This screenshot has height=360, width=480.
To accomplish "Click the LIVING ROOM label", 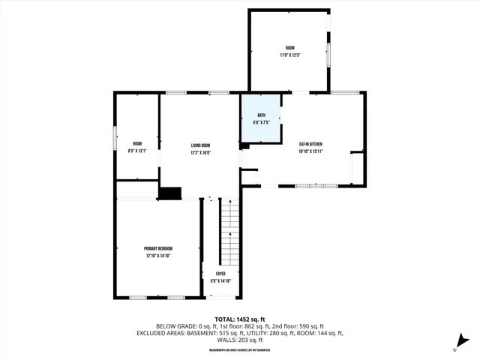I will pos(200,145).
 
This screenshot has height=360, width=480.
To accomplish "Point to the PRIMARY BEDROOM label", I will pos(159,248).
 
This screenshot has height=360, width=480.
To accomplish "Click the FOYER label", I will pos(221,274).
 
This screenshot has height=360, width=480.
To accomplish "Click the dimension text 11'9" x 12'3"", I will pos(289,54).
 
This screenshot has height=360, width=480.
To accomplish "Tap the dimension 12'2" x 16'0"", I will pos(200,152).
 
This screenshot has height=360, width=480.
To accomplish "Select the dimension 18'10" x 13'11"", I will pos(310,151).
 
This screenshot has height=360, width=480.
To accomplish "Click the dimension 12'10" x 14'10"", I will pos(159,256).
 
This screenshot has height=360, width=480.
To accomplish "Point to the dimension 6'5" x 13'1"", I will pos(137,151).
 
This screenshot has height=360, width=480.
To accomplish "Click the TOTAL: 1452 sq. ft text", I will pos(239,319).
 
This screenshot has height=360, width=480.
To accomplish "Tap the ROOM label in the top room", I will pos(289,47).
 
